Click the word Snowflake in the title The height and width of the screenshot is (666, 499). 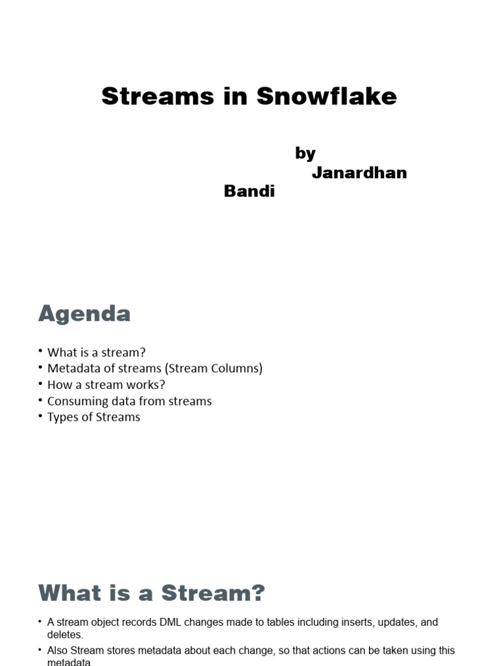(x=326, y=96)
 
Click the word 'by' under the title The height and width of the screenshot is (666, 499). (x=305, y=153)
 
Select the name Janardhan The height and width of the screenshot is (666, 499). (x=359, y=172)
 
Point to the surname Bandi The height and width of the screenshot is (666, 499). (x=249, y=191)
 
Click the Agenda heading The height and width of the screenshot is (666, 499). (x=84, y=314)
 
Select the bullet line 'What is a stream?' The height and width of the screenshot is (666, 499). (x=97, y=353)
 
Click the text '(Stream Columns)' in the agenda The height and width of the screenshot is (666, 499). (x=214, y=369)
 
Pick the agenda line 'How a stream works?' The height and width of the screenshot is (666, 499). (x=107, y=385)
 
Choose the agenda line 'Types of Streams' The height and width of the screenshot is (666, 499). (x=94, y=418)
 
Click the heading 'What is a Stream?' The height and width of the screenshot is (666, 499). (x=152, y=593)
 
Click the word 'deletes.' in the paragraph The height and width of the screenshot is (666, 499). (x=66, y=635)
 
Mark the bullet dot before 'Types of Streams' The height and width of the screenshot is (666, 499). (x=40, y=417)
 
